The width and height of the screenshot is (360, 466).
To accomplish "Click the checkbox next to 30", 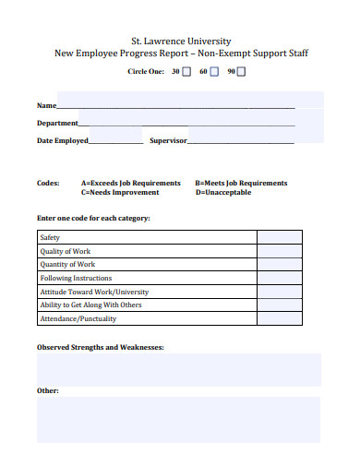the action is click(x=187, y=71).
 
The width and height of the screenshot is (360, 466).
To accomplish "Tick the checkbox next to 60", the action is click(x=215, y=71).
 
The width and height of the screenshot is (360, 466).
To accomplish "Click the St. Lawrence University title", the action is click(x=180, y=41).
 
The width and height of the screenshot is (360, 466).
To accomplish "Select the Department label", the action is click(x=57, y=123).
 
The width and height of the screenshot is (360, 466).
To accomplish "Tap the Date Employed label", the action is click(x=63, y=141).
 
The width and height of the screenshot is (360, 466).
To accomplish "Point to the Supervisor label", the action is click(x=168, y=141).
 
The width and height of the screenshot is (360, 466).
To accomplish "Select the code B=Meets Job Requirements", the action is click(x=241, y=183).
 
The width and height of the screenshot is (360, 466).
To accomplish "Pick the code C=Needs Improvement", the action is click(x=120, y=192).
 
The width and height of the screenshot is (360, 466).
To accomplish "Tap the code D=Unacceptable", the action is click(x=223, y=192).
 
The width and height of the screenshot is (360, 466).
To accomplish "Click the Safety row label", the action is click(x=50, y=237).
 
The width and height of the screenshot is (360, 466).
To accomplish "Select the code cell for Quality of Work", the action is click(x=279, y=251).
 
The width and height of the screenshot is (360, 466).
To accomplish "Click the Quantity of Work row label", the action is click(x=67, y=264).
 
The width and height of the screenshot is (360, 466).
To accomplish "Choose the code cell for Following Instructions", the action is click(x=279, y=278).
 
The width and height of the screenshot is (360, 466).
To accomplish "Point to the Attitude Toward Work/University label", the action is click(x=93, y=292).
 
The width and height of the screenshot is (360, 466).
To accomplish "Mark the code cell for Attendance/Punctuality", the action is click(x=279, y=318).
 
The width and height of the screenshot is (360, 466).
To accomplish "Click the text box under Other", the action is click(x=178, y=420).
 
